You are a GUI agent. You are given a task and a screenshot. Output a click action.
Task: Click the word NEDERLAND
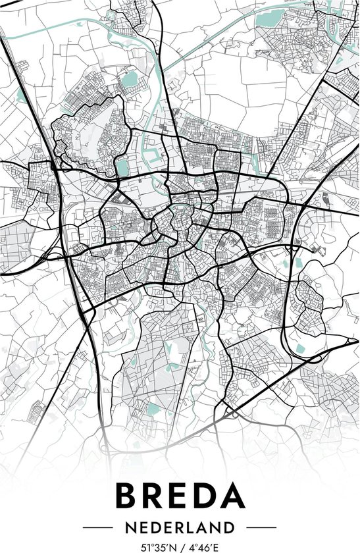tap(180, 527)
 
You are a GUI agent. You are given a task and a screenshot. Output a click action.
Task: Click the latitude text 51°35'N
tap(159, 546)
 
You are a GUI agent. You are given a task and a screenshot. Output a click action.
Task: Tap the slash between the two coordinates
tap(181, 546)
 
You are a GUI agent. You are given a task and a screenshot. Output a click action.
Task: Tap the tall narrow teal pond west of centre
tap(122, 167)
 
